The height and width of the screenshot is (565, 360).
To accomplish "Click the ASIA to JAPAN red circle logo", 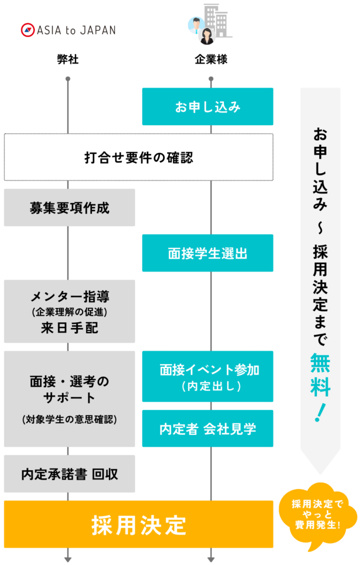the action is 28,30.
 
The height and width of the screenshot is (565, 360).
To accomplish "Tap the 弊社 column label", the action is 68,59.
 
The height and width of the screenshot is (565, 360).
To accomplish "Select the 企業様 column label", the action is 211,59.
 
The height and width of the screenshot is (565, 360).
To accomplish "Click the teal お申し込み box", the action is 208,106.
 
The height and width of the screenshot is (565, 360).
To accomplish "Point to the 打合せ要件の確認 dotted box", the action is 138,157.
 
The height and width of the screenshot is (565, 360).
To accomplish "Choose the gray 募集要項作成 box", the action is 69,207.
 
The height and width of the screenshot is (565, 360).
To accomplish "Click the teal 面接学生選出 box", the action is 208,253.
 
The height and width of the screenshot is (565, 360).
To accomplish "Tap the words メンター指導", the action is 69,296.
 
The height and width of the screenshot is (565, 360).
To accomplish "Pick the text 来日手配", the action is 69,328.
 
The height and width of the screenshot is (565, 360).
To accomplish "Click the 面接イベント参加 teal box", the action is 208,376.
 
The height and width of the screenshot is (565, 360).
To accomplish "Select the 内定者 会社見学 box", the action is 208,428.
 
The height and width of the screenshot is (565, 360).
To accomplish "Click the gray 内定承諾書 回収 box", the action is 69,474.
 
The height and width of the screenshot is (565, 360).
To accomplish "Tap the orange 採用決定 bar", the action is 138,524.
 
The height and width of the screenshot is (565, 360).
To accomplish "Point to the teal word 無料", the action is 320,375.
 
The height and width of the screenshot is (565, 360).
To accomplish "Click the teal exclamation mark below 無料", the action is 320,413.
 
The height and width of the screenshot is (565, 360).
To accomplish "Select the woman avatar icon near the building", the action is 207,36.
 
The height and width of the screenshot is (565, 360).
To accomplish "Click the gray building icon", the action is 217,21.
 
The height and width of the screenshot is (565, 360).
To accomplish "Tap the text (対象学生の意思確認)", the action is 69,419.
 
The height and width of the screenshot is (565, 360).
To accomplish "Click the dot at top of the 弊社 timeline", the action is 68,79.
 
